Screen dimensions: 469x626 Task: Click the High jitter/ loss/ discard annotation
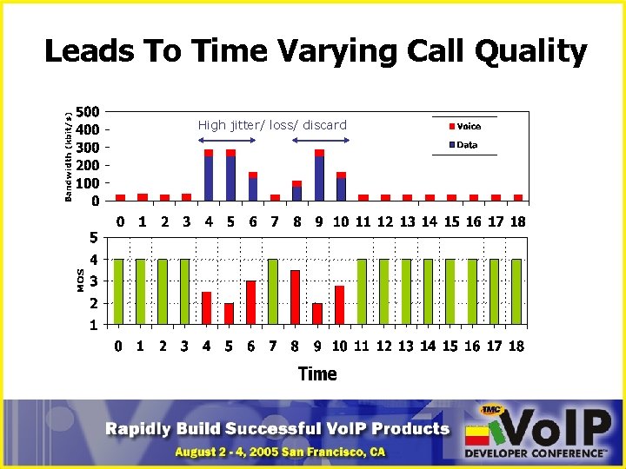(x=272, y=125)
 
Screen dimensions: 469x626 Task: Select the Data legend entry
(x=468, y=145)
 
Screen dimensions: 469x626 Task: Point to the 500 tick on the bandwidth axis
(x=87, y=113)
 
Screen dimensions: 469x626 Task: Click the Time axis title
(x=316, y=373)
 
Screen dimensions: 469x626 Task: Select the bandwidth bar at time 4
(x=209, y=175)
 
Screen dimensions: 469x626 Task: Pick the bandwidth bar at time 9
(x=319, y=175)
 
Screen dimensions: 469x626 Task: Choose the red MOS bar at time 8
(x=295, y=297)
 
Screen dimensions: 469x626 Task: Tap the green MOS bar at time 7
(x=273, y=291)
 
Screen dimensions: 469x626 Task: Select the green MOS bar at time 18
(x=516, y=291)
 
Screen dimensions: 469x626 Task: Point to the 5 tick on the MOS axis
(x=93, y=237)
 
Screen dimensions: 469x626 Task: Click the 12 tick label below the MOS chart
(x=385, y=347)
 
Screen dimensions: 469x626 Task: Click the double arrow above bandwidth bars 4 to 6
(x=229, y=139)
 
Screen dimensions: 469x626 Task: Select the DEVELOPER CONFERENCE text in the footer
(x=535, y=453)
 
